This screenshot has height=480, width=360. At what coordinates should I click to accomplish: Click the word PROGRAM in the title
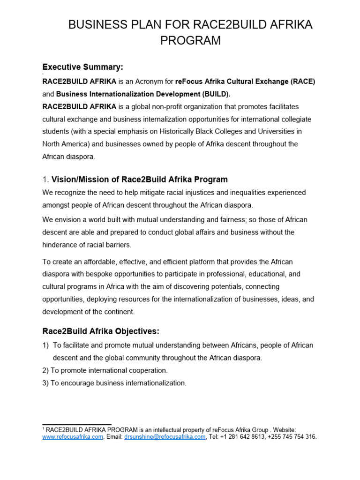190,41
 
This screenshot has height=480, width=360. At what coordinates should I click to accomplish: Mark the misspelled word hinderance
63,244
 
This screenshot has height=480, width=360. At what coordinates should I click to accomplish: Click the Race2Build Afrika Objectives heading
101,331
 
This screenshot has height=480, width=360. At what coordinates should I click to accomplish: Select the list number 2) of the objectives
45,370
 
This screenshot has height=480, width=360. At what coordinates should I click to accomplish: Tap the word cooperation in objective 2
147,370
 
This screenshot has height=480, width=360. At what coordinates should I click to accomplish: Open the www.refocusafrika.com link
73,437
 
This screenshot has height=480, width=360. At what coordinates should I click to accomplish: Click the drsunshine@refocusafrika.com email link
165,437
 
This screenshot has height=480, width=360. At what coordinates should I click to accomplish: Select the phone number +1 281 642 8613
242,437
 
